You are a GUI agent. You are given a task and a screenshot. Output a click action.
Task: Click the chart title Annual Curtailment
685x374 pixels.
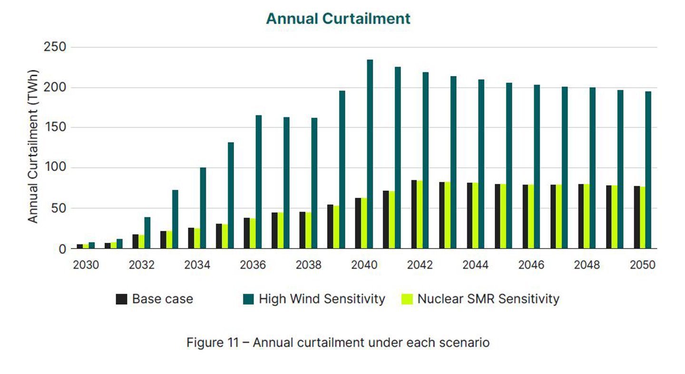[338, 19]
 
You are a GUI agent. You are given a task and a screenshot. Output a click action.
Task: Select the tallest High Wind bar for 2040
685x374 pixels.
[370, 154]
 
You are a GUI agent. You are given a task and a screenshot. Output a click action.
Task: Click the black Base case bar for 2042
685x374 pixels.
[414, 214]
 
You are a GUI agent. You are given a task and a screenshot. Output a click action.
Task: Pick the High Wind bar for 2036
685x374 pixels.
[259, 182]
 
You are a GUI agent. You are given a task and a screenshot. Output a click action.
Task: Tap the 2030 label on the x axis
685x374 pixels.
[86, 265]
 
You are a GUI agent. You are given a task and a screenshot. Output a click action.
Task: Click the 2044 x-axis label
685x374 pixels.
[475, 265]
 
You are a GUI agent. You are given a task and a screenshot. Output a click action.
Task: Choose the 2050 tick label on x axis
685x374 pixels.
[642, 265]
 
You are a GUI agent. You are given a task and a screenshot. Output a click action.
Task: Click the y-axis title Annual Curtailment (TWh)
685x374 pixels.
[32, 146]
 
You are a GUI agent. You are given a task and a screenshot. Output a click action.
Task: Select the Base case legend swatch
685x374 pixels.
[122, 299]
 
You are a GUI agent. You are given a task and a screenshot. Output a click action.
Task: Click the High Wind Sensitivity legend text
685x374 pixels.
[322, 299]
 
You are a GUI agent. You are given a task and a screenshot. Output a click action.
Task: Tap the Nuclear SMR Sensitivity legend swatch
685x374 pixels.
[407, 299]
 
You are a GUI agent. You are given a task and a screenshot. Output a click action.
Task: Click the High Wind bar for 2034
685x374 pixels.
[203, 208]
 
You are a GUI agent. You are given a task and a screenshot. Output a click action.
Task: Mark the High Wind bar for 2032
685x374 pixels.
[147, 233]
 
